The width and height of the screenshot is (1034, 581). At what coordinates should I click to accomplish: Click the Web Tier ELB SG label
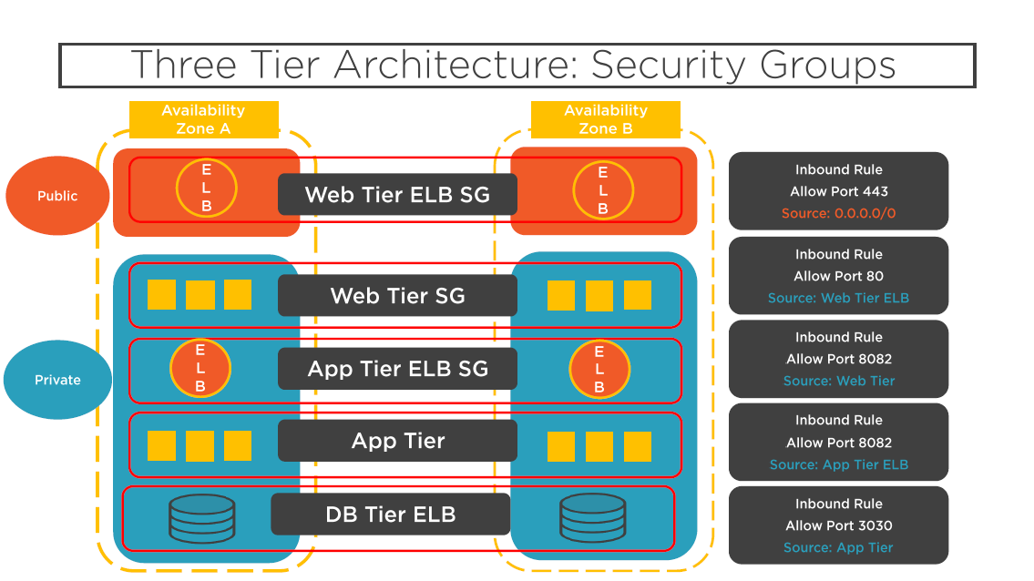[397, 195]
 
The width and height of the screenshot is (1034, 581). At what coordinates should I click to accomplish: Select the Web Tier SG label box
[397, 295]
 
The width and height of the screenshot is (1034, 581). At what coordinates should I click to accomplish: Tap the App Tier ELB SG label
[397, 369]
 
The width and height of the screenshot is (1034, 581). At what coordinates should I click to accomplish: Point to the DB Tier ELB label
[391, 514]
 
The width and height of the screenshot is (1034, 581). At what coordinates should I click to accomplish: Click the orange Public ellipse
[57, 196]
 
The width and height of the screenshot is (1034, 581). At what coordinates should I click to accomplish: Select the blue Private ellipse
[57, 380]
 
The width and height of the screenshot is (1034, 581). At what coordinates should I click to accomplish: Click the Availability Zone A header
[204, 119]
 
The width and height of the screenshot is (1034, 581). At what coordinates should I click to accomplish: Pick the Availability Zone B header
[605, 119]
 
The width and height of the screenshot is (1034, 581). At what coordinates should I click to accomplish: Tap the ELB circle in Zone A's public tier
[207, 188]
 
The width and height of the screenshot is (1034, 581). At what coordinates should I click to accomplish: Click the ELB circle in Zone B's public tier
[603, 190]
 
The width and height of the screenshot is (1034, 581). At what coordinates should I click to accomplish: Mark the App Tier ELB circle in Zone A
[200, 368]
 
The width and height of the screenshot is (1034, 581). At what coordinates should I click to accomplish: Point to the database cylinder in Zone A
[201, 518]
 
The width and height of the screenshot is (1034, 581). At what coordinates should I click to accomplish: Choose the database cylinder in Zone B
[592, 518]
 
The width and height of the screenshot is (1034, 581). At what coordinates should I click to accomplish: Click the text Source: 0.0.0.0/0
[838, 213]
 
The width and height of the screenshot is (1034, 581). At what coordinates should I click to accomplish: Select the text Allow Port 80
[838, 276]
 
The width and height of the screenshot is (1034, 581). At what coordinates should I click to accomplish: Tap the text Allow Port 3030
[838, 525]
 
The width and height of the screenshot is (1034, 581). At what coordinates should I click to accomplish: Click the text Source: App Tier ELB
[838, 464]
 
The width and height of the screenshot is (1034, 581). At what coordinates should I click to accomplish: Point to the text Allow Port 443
[838, 191]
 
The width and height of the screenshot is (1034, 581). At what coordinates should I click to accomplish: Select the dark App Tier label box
[397, 441]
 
